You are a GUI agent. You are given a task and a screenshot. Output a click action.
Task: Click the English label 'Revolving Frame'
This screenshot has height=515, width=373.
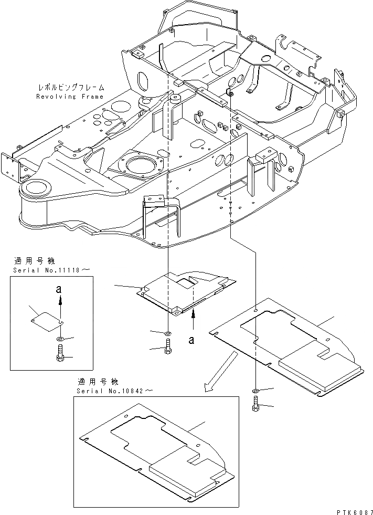[70, 97]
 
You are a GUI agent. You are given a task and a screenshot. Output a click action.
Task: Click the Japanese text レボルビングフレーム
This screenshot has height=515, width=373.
[71, 88]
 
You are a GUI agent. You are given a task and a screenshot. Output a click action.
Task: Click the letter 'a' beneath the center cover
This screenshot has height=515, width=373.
[192, 340]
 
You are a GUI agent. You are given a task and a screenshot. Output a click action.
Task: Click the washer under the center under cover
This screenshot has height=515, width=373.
[167, 333]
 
